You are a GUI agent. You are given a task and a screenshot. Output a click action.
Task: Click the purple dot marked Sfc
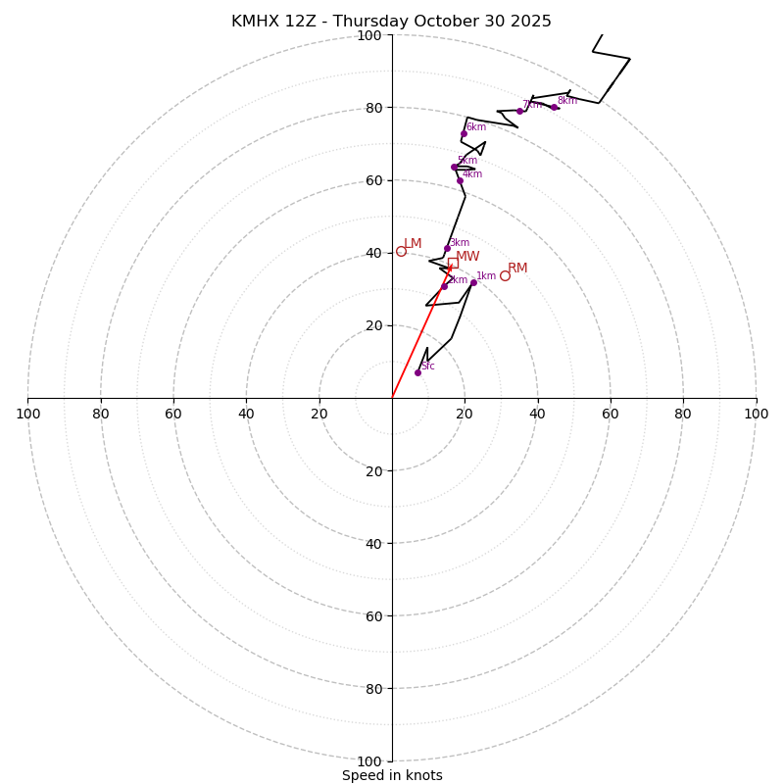point(417,372)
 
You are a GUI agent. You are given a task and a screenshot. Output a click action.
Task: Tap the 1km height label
point(486,276)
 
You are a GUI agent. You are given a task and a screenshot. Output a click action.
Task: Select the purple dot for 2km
point(444,286)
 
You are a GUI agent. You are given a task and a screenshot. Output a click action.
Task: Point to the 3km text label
point(459,243)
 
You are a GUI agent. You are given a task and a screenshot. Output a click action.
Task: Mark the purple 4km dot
point(460,180)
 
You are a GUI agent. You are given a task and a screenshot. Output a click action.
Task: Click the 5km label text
point(467,161)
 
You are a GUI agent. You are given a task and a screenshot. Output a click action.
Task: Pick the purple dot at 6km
point(464,133)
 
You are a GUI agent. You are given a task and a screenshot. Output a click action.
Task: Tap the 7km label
point(532,105)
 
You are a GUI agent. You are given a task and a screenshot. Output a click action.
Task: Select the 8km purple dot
point(554,107)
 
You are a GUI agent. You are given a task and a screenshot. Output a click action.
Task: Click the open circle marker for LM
point(401,251)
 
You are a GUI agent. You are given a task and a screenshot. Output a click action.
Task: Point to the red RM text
point(517,269)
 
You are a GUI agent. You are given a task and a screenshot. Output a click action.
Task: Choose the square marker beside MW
point(453,263)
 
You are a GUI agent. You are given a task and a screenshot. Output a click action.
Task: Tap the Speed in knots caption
point(392,776)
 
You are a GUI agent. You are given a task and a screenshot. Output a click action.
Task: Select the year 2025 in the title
point(529,22)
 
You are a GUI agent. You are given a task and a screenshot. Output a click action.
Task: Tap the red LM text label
point(413,244)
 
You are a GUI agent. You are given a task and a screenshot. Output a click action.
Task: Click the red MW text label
point(467,257)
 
